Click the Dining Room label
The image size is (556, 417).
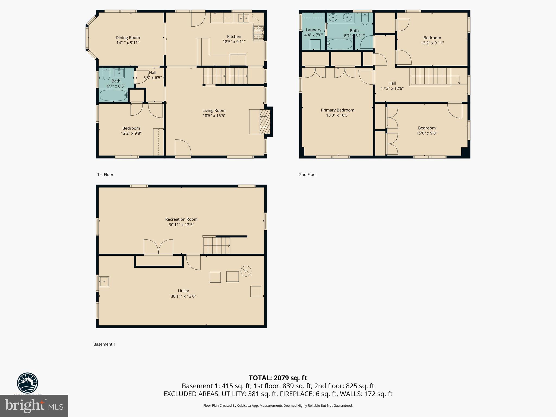tap(128, 38)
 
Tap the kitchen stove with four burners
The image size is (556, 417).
tap(258, 33)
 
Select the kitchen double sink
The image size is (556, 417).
tap(244, 18)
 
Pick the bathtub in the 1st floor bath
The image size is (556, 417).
tap(113, 95)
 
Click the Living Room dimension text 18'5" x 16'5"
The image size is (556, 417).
tap(214, 116)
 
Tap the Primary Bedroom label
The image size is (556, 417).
tap(337, 110)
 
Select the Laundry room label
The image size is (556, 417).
tap(314, 30)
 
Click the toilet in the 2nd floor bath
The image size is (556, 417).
tap(365, 19)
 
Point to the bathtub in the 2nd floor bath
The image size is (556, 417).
tap(340, 44)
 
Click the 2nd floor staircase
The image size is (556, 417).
tap(430, 76)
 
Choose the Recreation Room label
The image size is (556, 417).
tap(181, 219)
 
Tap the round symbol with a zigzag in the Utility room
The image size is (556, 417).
tap(246, 271)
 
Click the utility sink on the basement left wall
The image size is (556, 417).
tap(104, 282)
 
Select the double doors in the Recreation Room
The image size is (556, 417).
tap(158, 247)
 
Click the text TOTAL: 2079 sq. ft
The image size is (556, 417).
tap(278, 378)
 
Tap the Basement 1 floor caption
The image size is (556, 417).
tap(105, 344)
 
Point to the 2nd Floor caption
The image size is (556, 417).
tap(308, 175)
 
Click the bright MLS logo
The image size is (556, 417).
tap(34, 406)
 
